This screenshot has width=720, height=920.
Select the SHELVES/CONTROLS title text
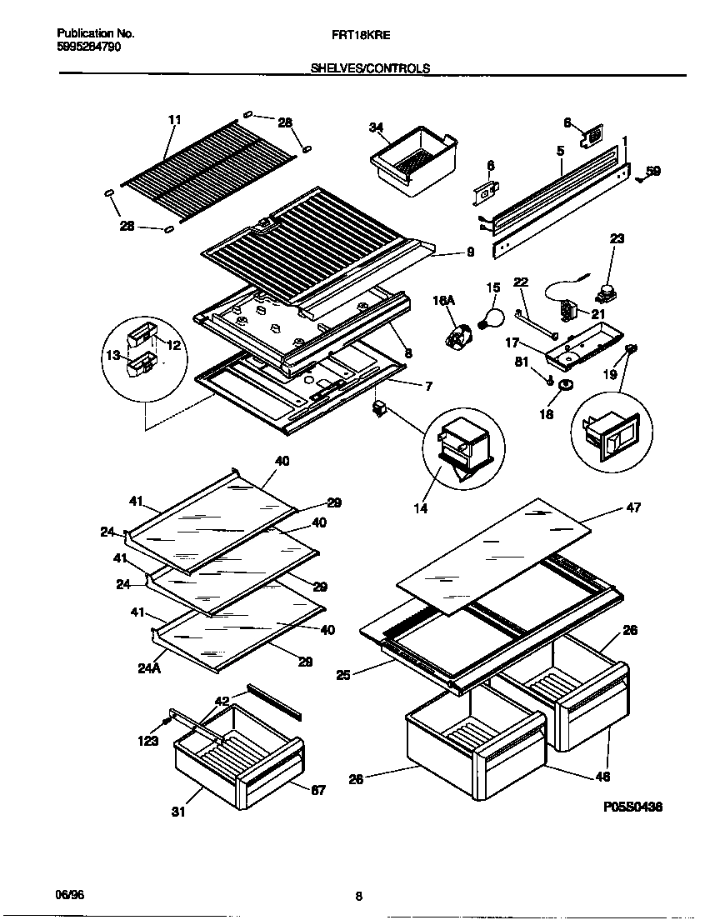click(370, 68)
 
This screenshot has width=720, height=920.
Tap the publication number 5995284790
click(88, 47)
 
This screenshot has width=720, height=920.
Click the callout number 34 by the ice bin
click(376, 127)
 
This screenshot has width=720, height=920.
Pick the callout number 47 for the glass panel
click(633, 507)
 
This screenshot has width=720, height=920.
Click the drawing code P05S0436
click(634, 807)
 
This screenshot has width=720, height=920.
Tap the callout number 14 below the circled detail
click(421, 508)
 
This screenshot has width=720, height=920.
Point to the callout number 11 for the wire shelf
click(174, 120)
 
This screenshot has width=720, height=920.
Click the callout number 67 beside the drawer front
click(318, 790)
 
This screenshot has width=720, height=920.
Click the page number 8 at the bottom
click(358, 897)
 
